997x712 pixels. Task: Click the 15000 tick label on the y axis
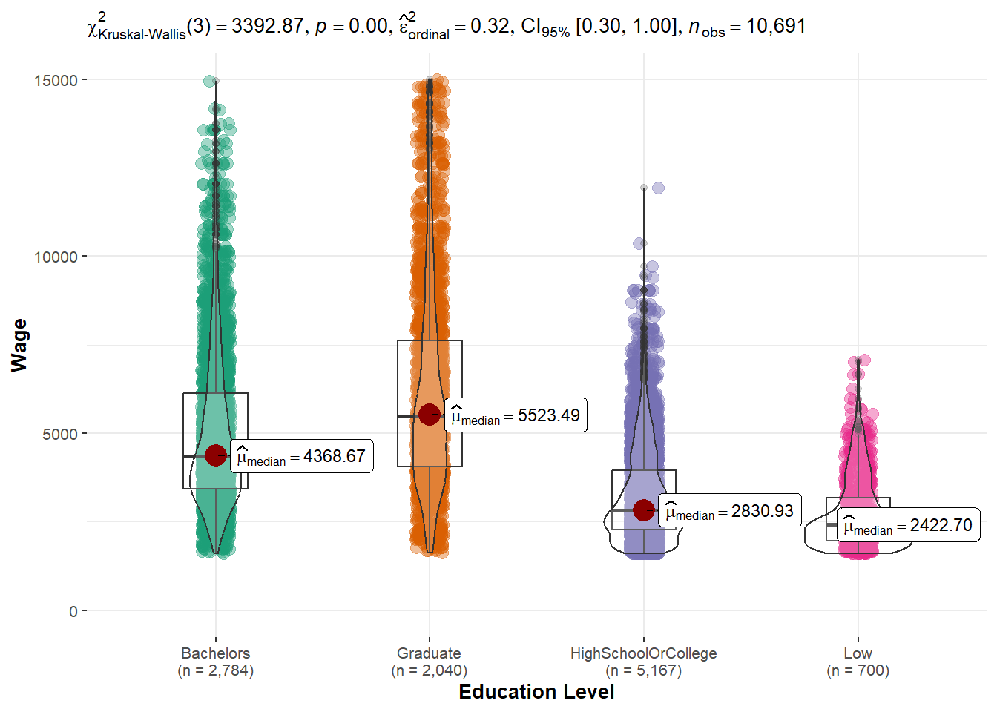tap(56, 80)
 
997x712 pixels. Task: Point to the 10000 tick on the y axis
tap(56, 257)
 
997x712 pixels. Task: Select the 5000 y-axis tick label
tap(59, 434)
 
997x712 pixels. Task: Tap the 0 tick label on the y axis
tap(73, 611)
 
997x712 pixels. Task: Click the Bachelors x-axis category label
tap(215, 653)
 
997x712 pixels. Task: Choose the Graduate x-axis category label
tap(429, 653)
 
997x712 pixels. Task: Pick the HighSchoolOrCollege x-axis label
tap(643, 653)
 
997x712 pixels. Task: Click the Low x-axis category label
tap(858, 653)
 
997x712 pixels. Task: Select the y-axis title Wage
tap(19, 345)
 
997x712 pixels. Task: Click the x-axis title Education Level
tap(536, 692)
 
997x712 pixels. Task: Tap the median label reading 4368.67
tap(301, 456)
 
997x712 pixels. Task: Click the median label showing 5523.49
tap(516, 415)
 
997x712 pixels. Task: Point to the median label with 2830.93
tap(729, 511)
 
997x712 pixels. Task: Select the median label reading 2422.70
tap(908, 525)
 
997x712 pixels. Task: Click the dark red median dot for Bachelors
tap(216, 455)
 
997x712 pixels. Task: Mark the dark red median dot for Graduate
tap(430, 415)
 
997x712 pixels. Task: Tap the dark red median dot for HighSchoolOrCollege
tap(644, 510)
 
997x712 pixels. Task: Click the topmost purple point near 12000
tap(657, 188)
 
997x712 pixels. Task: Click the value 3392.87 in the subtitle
tap(267, 26)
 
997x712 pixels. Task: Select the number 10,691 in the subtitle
tap(775, 26)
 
